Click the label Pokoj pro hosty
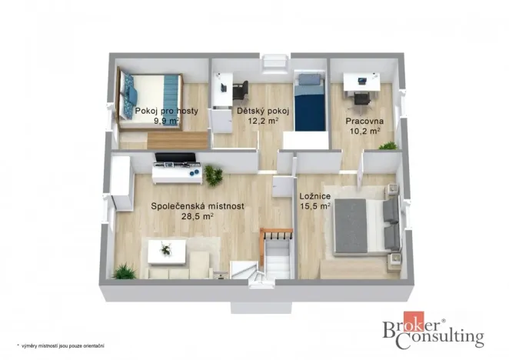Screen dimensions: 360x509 166,111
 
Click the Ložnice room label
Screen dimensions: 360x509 314,196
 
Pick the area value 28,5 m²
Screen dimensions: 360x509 197,216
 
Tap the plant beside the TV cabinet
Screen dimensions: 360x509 213,175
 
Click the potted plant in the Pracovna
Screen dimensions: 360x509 388,145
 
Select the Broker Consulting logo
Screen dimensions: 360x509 434,332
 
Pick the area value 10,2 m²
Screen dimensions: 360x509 364,131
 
